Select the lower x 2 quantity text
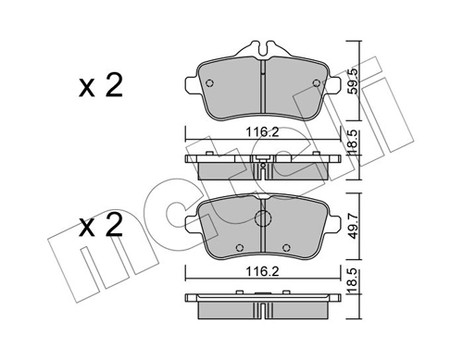(x=99, y=227)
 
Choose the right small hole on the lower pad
(x=289, y=248)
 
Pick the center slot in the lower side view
(x=264, y=300)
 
